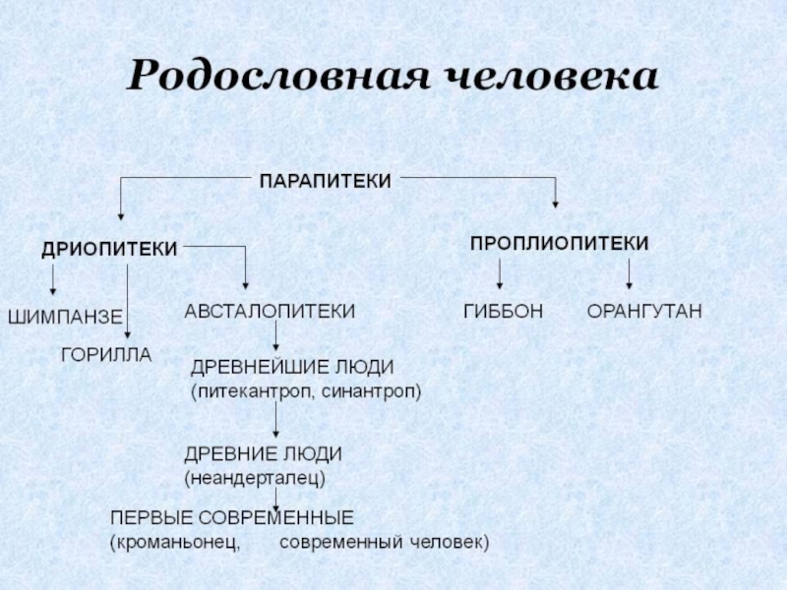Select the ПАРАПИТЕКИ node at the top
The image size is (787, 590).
click(325, 180)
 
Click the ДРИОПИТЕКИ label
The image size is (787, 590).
click(109, 250)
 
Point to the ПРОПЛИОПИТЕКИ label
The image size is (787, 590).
click(559, 242)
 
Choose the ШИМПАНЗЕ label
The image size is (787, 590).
click(65, 318)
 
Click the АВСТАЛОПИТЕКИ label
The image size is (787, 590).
click(271, 311)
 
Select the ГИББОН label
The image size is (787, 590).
click(503, 312)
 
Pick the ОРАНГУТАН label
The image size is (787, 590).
click(644, 312)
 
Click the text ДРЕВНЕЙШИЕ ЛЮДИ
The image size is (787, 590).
click(292, 367)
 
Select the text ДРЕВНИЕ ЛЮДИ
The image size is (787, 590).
click(264, 454)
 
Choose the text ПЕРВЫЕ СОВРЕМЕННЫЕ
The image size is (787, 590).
click(231, 517)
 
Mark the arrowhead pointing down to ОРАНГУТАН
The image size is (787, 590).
click(629, 284)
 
